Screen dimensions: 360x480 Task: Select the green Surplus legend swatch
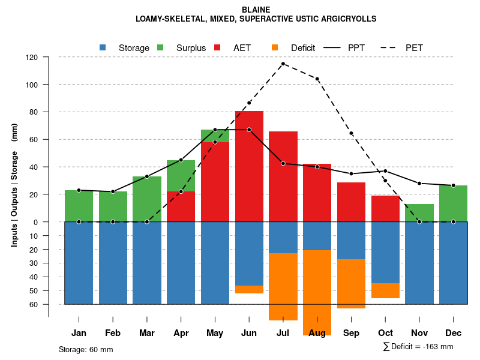pos(160,47)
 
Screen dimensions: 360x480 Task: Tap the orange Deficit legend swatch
pos(275,47)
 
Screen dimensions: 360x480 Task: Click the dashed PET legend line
pos(388,47)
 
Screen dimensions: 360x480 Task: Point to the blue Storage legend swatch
pos(103,47)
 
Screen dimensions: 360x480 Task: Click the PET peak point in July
pos(283,64)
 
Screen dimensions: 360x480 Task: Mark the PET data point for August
pos(317,79)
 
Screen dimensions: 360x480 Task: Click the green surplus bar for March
pos(147,199)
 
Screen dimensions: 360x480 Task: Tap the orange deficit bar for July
pos(283,287)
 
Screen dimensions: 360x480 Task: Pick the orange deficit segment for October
pos(385,290)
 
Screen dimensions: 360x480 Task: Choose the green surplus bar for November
pos(419,213)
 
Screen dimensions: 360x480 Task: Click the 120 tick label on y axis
pos(32,57)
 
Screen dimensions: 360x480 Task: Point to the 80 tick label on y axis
pos(34,112)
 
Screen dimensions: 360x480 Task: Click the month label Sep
pos(352,333)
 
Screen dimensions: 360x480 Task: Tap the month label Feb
pos(113,333)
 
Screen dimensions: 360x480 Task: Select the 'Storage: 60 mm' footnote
pos(86,349)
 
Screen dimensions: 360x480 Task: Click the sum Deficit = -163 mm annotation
pos(418,346)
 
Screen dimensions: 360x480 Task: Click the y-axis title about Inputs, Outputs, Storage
pos(14,185)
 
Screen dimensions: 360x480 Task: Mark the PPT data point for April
pos(181,160)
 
